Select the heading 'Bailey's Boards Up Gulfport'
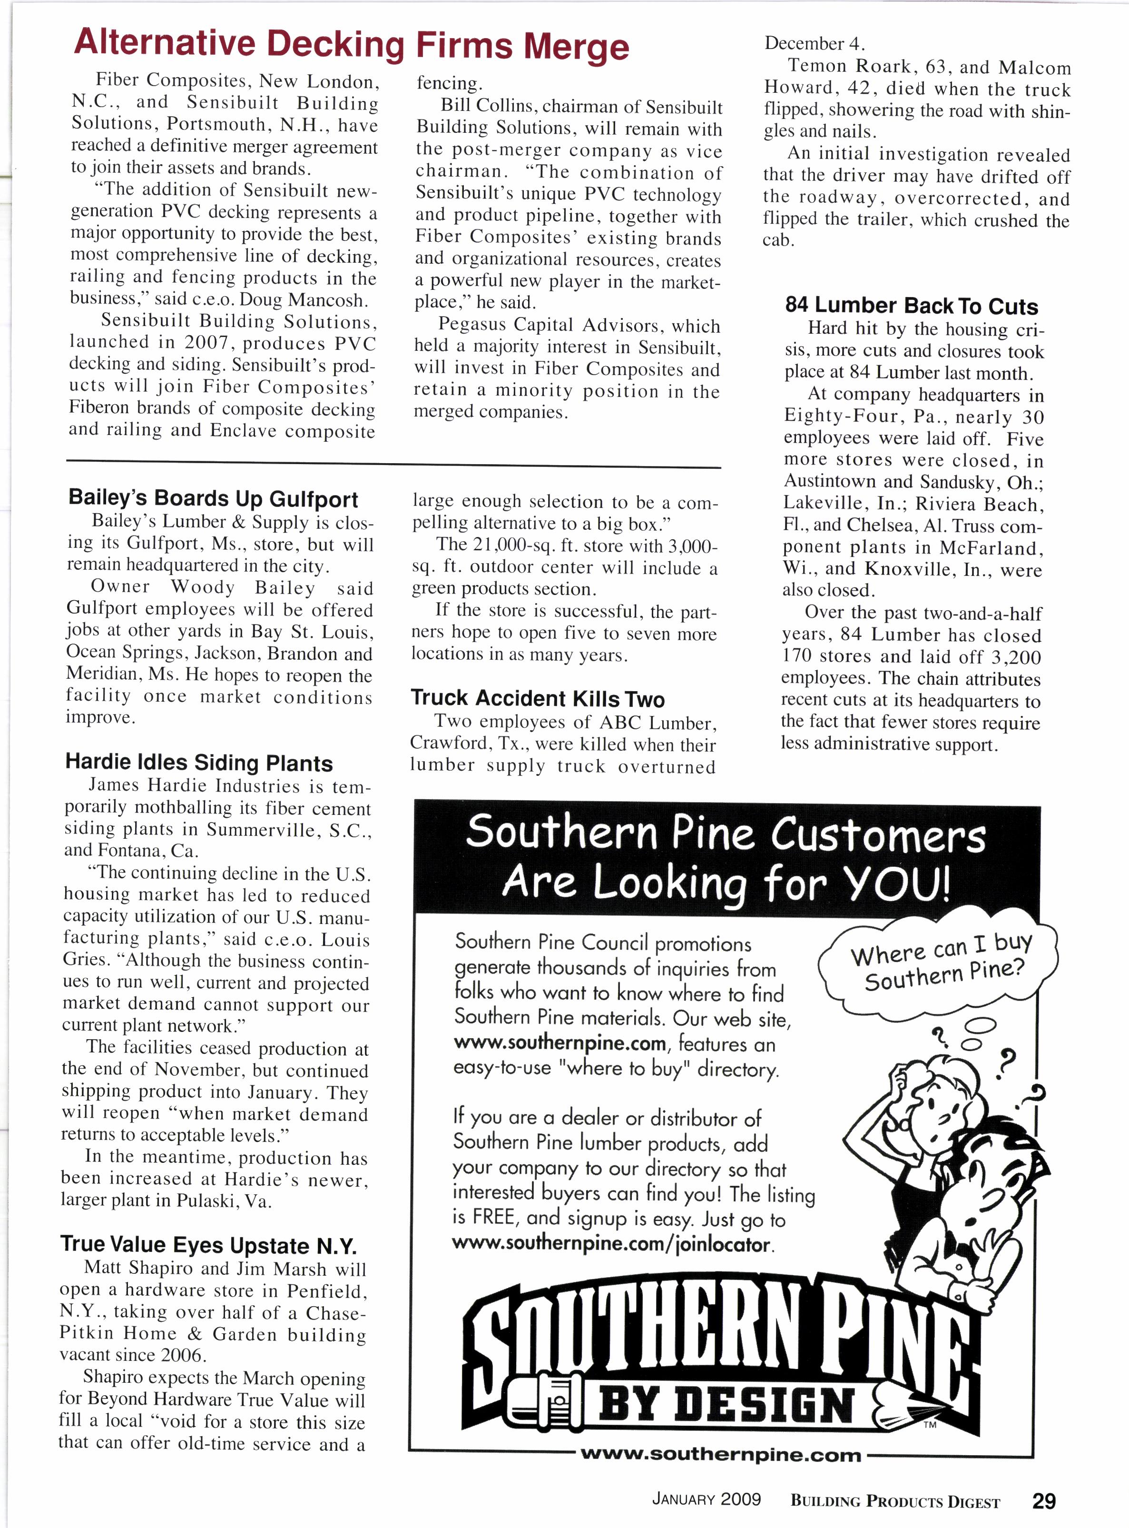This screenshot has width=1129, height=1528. pos(213,498)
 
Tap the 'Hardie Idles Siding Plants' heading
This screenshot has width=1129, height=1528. pos(199,762)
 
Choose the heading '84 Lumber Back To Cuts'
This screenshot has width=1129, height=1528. pos(911,306)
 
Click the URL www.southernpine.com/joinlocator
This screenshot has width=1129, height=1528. pos(612,1244)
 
